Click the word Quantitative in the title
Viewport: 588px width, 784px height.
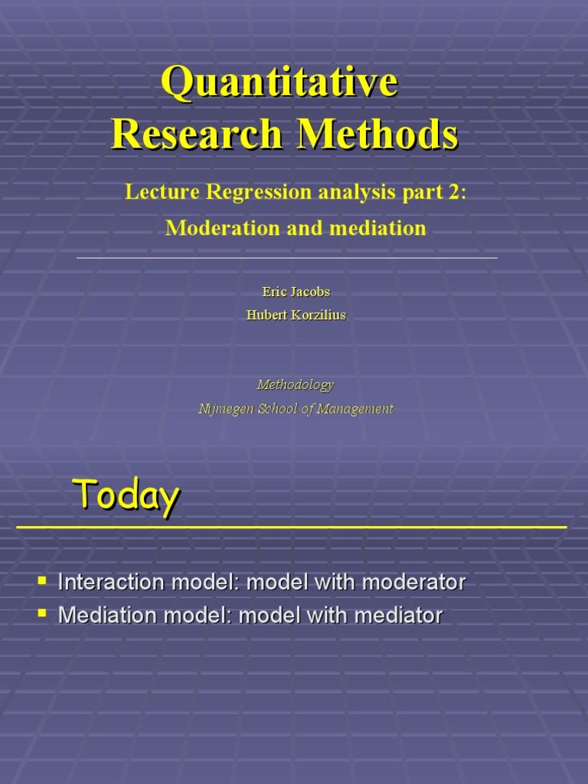(x=279, y=83)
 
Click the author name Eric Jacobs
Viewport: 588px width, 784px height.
(x=296, y=292)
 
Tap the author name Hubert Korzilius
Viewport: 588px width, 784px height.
(x=296, y=315)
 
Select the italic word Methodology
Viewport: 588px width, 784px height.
(x=295, y=384)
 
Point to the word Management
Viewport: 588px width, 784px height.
(x=352, y=409)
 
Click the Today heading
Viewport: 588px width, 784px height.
(x=126, y=495)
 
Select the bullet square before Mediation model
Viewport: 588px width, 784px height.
(x=43, y=612)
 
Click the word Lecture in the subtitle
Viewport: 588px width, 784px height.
(x=160, y=193)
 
